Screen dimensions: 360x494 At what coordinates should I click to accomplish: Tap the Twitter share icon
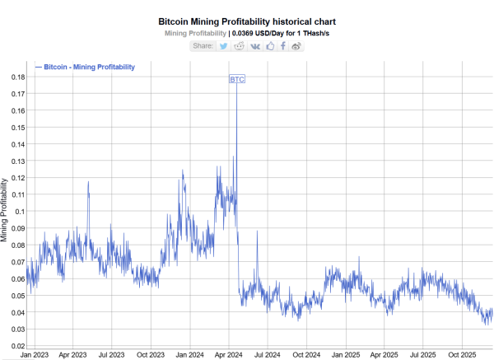(x=223, y=46)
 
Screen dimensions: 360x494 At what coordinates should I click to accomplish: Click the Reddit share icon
(x=240, y=46)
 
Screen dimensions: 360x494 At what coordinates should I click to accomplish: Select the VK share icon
(x=255, y=46)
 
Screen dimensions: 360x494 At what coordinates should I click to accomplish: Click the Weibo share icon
(x=297, y=46)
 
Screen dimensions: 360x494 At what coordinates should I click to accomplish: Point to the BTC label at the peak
(x=236, y=79)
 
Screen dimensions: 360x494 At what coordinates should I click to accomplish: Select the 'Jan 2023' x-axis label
(x=34, y=354)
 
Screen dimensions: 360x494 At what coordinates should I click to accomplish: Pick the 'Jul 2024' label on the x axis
(x=267, y=354)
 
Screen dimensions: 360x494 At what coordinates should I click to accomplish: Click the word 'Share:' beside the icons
(x=203, y=46)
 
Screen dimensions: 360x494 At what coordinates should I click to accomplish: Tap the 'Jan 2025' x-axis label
(x=345, y=354)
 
